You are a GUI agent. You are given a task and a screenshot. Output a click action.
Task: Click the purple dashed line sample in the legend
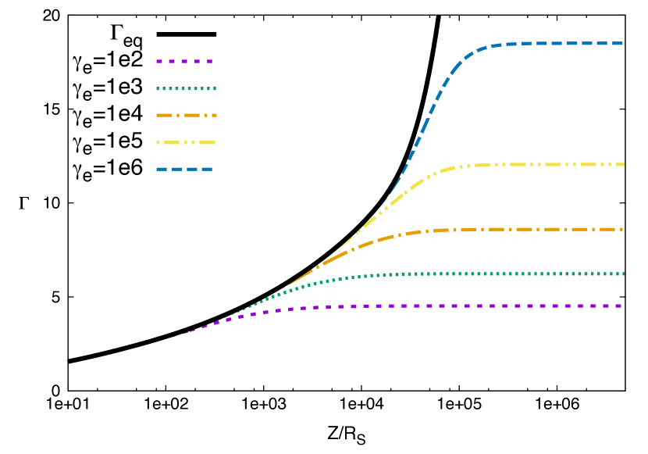tap(184, 61)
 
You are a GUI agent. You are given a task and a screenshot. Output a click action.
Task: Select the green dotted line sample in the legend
tap(186, 88)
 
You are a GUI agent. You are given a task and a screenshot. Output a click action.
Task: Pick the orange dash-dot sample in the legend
tap(186, 115)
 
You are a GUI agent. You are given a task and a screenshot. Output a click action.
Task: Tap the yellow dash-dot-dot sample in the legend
tap(185, 142)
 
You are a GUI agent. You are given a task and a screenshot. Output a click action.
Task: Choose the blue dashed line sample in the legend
tap(184, 169)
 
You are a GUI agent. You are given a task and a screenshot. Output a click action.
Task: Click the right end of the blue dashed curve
tap(622, 44)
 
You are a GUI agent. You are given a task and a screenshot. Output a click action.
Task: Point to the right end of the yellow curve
tap(623, 164)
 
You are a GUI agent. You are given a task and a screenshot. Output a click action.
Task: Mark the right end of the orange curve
tap(622, 230)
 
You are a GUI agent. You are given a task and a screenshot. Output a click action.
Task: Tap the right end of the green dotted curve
tap(623, 273)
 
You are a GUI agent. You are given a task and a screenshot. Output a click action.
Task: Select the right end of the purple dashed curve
tap(621, 306)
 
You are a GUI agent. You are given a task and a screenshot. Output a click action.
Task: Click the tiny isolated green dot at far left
tap(66, 360)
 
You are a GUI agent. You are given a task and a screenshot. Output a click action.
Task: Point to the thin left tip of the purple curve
tap(173, 337)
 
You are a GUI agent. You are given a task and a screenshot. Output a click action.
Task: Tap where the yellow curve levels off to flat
tap(468, 166)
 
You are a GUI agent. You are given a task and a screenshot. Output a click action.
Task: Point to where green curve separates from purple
tap(234, 315)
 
